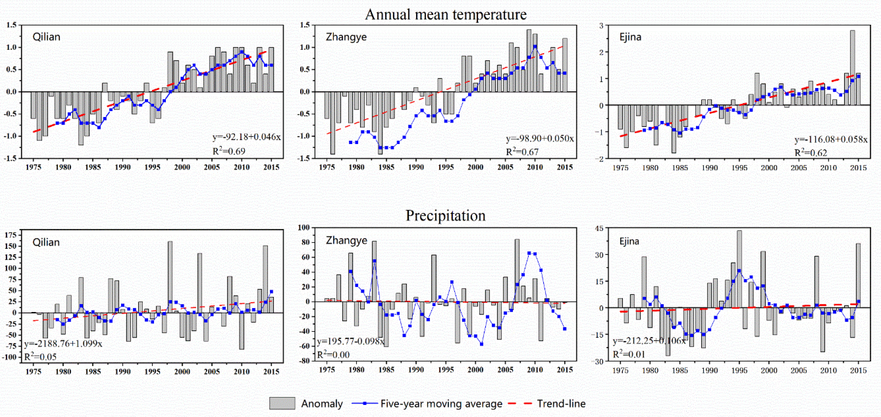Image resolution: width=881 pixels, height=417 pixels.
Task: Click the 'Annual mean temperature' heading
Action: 446,14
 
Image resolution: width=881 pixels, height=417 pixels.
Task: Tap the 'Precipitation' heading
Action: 445,215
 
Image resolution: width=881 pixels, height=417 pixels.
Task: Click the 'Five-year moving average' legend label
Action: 441,404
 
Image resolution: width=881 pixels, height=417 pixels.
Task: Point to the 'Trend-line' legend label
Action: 561,404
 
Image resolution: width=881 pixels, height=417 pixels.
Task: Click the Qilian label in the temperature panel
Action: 46,37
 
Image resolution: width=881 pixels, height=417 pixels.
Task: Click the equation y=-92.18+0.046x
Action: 246,137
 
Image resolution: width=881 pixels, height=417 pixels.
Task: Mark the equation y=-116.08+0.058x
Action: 831,139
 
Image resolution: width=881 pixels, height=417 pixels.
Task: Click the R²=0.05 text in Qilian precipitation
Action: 40,357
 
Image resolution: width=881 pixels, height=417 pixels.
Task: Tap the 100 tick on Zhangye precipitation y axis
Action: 304,228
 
